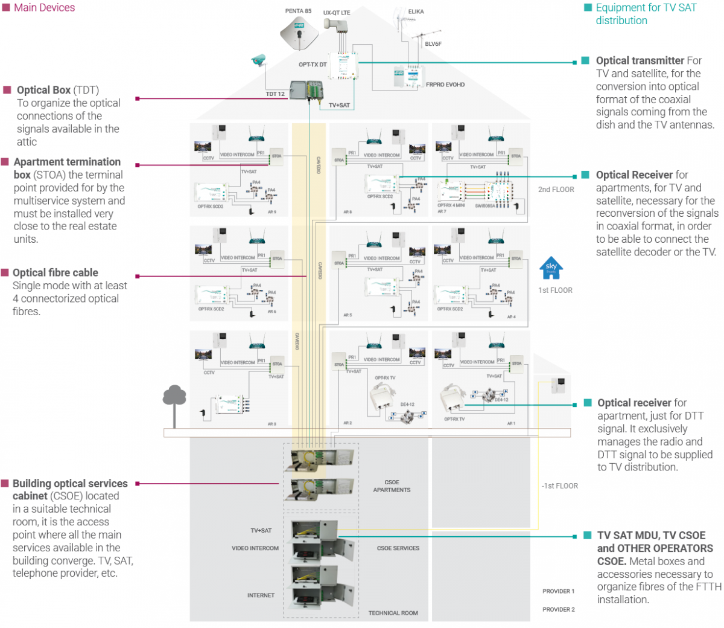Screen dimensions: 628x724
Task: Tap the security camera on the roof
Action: [259, 59]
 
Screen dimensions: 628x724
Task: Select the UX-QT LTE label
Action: [337, 12]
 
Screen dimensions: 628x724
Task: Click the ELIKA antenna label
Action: [416, 11]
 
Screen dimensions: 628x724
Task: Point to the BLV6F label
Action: [433, 44]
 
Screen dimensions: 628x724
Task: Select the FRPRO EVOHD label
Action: [445, 85]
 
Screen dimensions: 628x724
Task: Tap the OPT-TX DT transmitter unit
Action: [343, 65]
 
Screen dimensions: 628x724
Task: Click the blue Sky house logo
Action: [551, 269]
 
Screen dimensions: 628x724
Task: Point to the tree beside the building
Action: [174, 402]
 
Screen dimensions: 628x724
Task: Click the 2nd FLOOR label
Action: [556, 190]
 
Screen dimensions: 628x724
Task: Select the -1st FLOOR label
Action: [559, 485]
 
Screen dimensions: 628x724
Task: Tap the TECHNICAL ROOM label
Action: [393, 613]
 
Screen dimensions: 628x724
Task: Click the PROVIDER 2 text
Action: [558, 609]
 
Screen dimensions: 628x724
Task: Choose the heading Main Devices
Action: [44, 8]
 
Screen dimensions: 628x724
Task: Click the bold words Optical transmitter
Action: [640, 60]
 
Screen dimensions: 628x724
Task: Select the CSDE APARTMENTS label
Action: [392, 486]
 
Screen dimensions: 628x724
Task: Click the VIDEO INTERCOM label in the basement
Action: [255, 548]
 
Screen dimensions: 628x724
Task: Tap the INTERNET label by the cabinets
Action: [261, 595]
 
